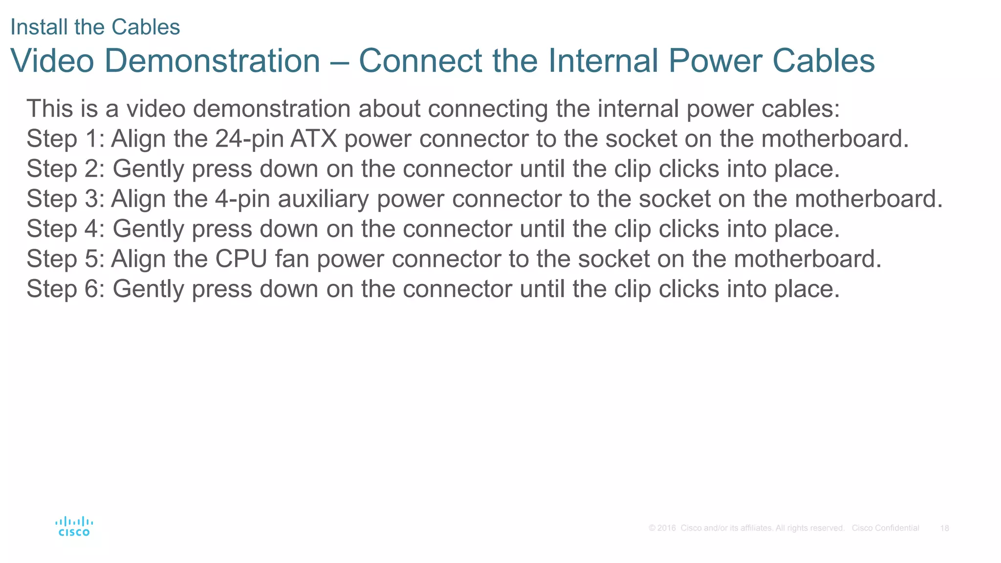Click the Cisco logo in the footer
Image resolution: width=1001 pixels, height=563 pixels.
coord(74,526)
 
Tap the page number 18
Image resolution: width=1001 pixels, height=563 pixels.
coord(944,528)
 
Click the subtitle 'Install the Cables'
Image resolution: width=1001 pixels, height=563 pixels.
coord(95,27)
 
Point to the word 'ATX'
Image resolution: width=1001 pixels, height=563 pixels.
coord(314,139)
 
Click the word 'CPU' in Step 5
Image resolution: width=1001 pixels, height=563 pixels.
coord(241,259)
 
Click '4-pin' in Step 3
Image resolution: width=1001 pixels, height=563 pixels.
coord(242,199)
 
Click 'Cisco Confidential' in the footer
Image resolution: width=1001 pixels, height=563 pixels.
coord(885,528)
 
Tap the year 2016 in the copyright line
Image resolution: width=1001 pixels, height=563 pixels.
coord(666,528)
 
